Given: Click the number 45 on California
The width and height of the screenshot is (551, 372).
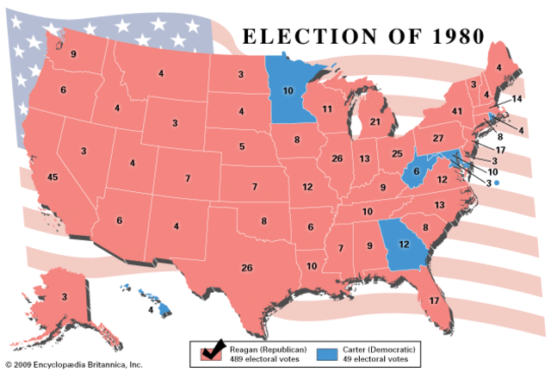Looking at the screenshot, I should pyautogui.click(x=53, y=177).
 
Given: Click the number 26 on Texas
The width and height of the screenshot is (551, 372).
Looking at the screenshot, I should pyautogui.click(x=247, y=268).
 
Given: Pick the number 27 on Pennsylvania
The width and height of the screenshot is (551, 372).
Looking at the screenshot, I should pyautogui.click(x=437, y=138).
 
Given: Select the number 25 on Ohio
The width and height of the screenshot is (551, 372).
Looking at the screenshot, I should pyautogui.click(x=397, y=153).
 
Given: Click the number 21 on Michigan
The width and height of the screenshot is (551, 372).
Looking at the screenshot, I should pyautogui.click(x=375, y=122).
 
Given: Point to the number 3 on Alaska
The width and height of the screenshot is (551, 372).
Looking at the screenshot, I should pyautogui.click(x=64, y=297).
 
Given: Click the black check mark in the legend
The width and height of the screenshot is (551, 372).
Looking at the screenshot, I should pyautogui.click(x=212, y=350).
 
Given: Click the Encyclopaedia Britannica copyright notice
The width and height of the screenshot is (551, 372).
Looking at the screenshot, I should pyautogui.click(x=73, y=364).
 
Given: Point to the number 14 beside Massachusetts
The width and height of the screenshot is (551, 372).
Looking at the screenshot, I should pyautogui.click(x=517, y=100).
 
